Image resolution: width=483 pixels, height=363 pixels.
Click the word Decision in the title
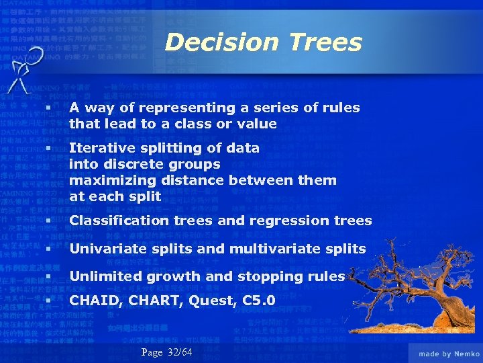(x=219, y=42)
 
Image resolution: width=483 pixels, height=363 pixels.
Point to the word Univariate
(x=103, y=249)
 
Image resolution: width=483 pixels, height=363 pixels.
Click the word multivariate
(x=280, y=249)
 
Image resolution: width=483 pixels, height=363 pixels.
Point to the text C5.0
(x=259, y=300)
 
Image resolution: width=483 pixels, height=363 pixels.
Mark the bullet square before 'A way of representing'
(x=49, y=108)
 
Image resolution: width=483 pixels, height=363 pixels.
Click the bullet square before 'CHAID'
(x=49, y=300)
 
